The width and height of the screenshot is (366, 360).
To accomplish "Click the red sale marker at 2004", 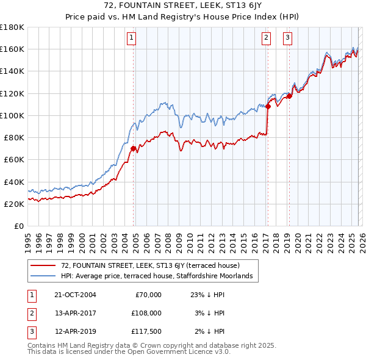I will tap(133, 148).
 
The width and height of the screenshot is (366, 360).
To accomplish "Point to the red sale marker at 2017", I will tap(268, 106).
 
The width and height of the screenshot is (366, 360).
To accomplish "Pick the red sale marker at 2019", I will tap(290, 95).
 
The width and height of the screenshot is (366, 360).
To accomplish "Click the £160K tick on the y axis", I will tap(12, 49).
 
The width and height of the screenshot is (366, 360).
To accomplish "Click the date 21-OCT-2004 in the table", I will tap(75, 294).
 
